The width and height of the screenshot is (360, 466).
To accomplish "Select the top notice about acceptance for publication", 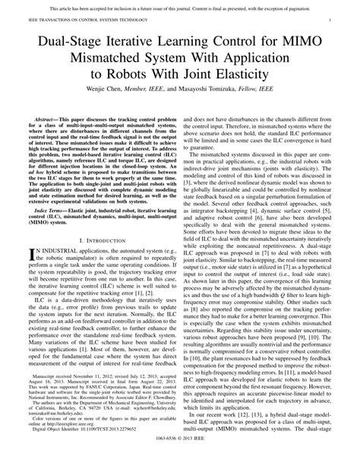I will [x=180, y=5].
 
